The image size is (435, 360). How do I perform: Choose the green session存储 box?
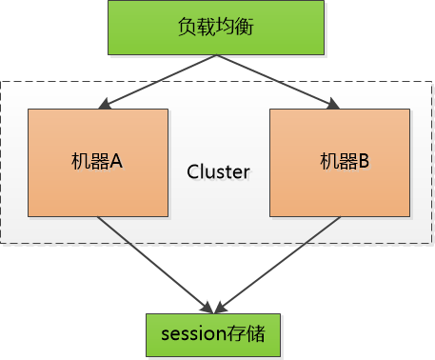tap(213, 334)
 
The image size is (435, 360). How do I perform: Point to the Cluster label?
tap(218, 171)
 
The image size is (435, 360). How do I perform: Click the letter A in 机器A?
tap(117, 162)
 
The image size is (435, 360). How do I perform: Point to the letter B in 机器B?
tap(363, 162)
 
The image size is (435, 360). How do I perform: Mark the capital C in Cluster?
tap(192, 171)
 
